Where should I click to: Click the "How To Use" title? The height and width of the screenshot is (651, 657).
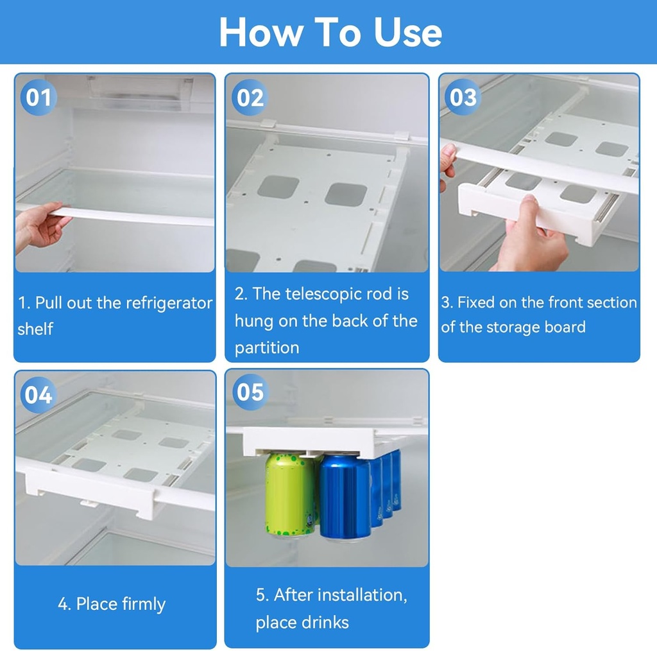pos(330,32)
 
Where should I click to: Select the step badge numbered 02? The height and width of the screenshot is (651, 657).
pos(250,98)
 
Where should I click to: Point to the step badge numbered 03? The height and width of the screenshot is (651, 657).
pos(463,98)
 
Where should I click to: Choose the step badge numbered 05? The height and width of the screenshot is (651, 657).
pos(250,392)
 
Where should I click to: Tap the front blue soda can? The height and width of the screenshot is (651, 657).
pos(345,498)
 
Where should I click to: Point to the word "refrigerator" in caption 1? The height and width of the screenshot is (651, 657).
pos(173,303)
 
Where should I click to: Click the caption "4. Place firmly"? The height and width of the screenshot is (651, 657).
pos(112,604)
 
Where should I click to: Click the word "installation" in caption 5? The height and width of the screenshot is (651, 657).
pos(356,595)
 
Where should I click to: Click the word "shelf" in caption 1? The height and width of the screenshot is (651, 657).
pos(35,329)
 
